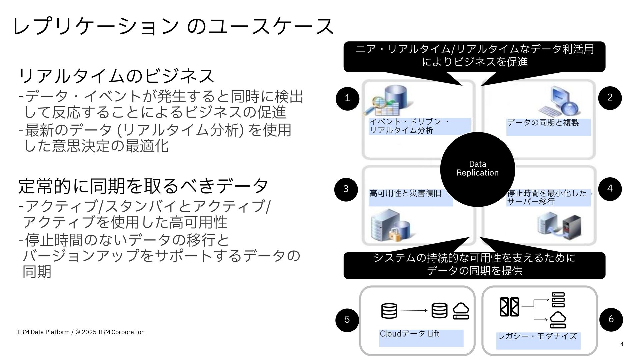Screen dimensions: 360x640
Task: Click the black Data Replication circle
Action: click(477, 169)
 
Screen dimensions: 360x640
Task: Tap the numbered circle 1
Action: click(347, 98)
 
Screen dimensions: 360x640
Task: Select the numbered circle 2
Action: click(610, 98)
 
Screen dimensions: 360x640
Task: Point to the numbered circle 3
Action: click(346, 189)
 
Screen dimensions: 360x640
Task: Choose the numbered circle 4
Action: click(610, 189)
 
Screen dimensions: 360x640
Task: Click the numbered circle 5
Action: click(347, 320)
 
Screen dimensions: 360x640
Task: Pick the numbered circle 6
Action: click(611, 319)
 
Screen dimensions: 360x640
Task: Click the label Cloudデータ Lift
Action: click(409, 334)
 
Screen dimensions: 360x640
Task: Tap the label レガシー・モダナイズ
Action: click(537, 336)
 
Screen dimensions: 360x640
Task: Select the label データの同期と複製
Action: click(543, 123)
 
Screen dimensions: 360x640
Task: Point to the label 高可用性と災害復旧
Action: click(405, 193)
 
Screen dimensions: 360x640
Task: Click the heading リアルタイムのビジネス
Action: click(116, 76)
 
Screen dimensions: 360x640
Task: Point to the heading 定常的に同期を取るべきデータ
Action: click(143, 186)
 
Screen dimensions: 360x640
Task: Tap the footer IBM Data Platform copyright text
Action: click(81, 332)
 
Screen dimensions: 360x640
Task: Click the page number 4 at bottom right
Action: click(622, 344)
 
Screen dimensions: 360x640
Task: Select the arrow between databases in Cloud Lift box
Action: click(414, 311)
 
